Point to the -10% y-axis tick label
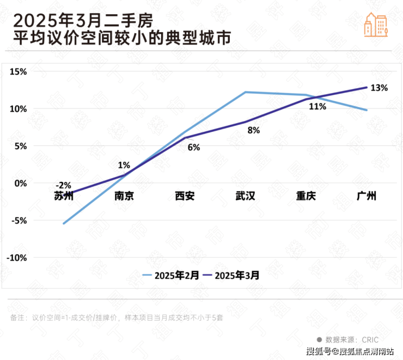point(17,258)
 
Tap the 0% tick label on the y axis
point(20,183)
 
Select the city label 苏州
point(64,196)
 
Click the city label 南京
point(124,196)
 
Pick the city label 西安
point(185,196)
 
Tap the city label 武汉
point(246,196)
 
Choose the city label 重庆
point(306,196)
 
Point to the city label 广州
point(367,196)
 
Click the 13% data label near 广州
point(379,88)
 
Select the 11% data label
point(317,107)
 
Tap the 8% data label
point(254,130)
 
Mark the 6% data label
point(194,147)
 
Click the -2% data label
point(64,186)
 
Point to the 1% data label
point(124,165)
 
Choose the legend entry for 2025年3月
point(231,275)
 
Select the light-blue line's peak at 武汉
point(246,92)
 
